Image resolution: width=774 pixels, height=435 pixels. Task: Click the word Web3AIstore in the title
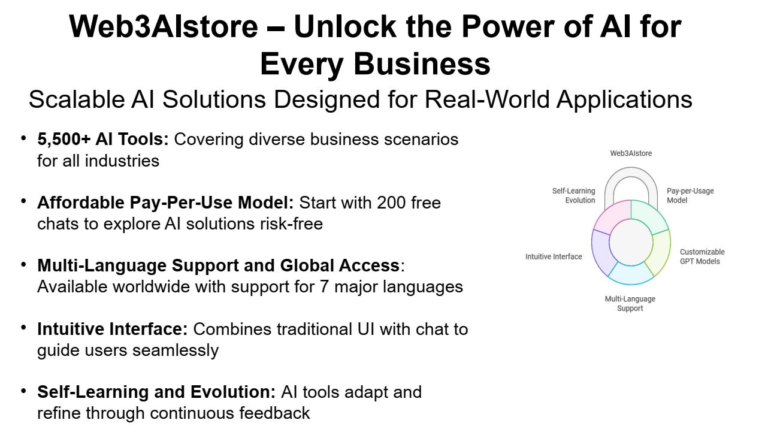pos(164,26)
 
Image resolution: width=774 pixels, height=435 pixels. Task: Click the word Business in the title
pos(422,64)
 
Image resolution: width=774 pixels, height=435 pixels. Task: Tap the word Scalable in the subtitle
pos(77,99)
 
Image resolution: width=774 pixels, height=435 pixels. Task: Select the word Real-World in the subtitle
pos(487,99)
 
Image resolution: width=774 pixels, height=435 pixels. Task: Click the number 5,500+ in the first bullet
pos(64,139)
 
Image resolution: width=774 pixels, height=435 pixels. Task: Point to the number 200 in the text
pos(391,203)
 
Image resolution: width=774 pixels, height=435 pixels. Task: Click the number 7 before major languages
pos(324,287)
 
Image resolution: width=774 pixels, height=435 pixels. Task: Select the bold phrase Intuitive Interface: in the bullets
pos(112,329)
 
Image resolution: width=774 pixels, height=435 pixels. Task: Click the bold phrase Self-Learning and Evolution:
pos(156,392)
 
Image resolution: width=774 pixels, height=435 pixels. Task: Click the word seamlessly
pos(176,351)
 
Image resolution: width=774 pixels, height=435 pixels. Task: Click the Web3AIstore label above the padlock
pos(631,153)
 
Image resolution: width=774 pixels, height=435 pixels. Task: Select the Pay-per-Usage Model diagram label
pos(690,195)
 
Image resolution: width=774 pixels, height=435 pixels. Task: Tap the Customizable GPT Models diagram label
pos(702,256)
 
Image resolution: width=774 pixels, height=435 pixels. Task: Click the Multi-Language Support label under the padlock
pos(630,304)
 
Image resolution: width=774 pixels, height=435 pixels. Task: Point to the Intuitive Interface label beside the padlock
pos(554,256)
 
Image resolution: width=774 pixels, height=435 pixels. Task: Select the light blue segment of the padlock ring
pos(631,274)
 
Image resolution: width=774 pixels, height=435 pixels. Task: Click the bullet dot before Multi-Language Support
pos(23,265)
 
